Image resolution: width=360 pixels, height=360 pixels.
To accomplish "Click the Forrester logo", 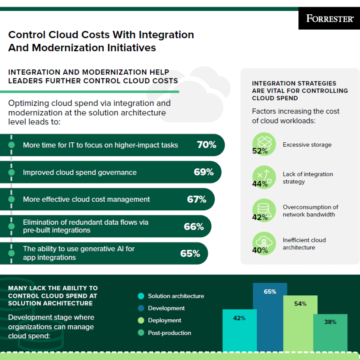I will (329, 19).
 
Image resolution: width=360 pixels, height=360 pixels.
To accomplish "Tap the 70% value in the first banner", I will (206, 145).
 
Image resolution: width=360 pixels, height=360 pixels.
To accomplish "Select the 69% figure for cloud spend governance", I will (203, 172).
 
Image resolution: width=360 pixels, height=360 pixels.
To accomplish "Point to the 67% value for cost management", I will (196, 199).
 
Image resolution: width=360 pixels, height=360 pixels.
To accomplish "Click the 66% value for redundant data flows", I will (193, 226).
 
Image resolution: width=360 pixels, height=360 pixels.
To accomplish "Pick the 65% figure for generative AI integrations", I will (190, 253).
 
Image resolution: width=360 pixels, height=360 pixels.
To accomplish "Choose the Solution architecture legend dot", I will (141, 296).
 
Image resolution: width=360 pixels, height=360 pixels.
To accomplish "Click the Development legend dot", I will (141, 308).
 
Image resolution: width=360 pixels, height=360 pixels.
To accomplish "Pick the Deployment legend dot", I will (141, 321).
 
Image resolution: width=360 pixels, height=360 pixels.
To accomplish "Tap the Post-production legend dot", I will (141, 333).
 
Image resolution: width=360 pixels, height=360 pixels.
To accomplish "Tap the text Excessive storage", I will (307, 145).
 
